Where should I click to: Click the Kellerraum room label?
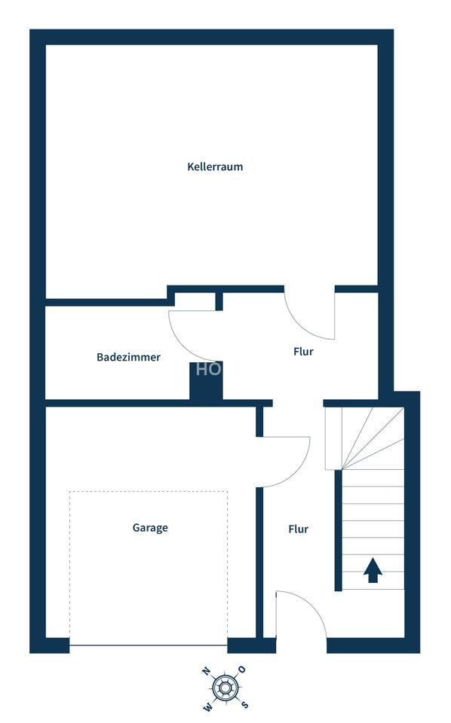click(x=215, y=166)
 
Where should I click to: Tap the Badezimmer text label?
click(x=128, y=357)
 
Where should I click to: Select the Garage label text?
click(x=150, y=528)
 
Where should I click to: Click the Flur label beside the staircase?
click(x=298, y=529)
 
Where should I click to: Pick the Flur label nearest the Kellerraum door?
click(x=302, y=352)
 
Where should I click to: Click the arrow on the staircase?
click(x=373, y=571)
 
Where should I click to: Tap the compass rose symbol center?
click(x=224, y=687)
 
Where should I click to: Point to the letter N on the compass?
click(x=205, y=670)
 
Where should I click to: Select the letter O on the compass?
click(x=242, y=670)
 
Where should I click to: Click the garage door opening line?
click(x=149, y=645)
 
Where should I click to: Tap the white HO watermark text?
click(x=208, y=369)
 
